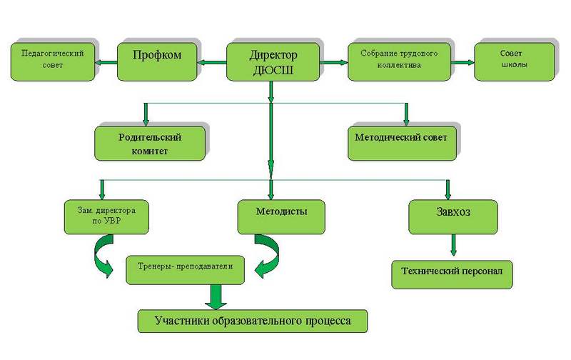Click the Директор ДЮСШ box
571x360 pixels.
click(x=273, y=61)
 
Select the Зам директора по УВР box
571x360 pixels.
click(x=106, y=216)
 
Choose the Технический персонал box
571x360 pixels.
click(x=452, y=272)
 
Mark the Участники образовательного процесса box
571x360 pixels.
click(x=253, y=319)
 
